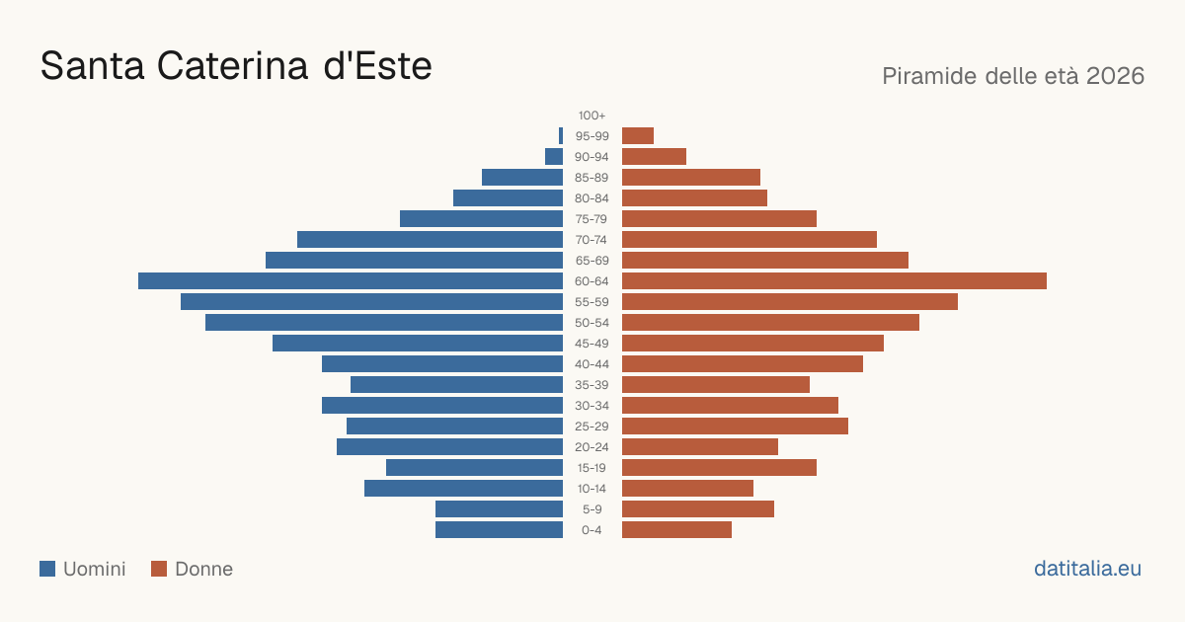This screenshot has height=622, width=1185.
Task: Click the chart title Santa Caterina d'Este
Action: click(236, 66)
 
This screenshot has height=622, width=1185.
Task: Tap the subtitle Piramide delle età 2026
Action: click(1013, 76)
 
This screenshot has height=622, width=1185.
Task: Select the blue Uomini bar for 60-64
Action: click(351, 280)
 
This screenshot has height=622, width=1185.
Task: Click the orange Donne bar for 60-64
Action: click(834, 280)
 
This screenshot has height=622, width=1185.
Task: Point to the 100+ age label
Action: click(592, 116)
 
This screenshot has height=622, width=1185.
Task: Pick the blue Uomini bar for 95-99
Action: click(561, 136)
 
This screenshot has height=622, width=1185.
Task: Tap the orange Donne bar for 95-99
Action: click(638, 136)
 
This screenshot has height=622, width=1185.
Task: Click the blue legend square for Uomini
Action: click(47, 569)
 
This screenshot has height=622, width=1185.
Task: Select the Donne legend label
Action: click(203, 569)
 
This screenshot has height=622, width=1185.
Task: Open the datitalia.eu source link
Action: click(1087, 569)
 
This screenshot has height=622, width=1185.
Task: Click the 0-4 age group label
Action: click(592, 530)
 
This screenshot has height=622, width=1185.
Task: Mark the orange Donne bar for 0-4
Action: click(676, 530)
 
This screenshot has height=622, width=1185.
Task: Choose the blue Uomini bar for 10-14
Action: click(463, 488)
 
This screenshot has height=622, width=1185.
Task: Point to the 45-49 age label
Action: click(592, 344)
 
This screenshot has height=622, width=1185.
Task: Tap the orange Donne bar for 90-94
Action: click(654, 157)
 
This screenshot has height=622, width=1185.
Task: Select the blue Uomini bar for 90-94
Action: click(554, 157)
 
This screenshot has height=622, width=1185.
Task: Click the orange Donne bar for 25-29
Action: click(735, 427)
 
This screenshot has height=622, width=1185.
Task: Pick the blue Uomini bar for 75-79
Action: click(482, 219)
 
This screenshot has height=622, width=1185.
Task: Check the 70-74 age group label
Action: click(592, 240)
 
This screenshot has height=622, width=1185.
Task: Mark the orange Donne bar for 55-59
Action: click(790, 301)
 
